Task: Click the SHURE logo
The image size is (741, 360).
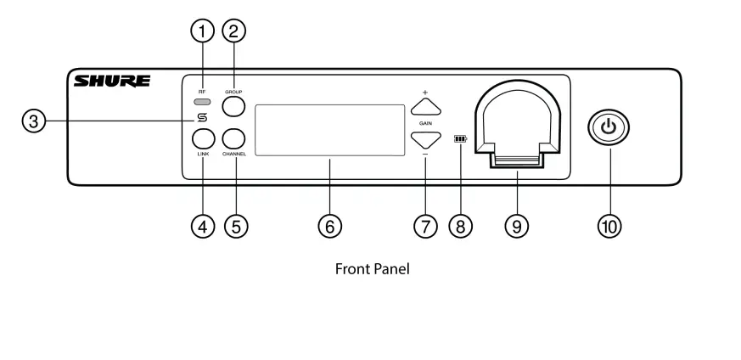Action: click(x=113, y=82)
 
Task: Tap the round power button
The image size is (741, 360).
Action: click(x=609, y=128)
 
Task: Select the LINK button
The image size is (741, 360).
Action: click(x=203, y=138)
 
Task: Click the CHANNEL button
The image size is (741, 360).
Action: click(x=234, y=138)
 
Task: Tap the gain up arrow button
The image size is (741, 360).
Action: click(x=426, y=106)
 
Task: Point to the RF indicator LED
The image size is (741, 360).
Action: click(x=201, y=103)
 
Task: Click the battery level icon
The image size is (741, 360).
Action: click(x=461, y=138)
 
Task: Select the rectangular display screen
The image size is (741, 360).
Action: click(x=329, y=130)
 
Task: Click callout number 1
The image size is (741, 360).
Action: click(x=202, y=32)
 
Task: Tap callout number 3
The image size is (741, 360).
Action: click(x=33, y=121)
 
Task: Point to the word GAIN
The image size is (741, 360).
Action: click(x=426, y=122)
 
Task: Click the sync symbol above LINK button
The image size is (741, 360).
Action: click(x=202, y=118)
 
